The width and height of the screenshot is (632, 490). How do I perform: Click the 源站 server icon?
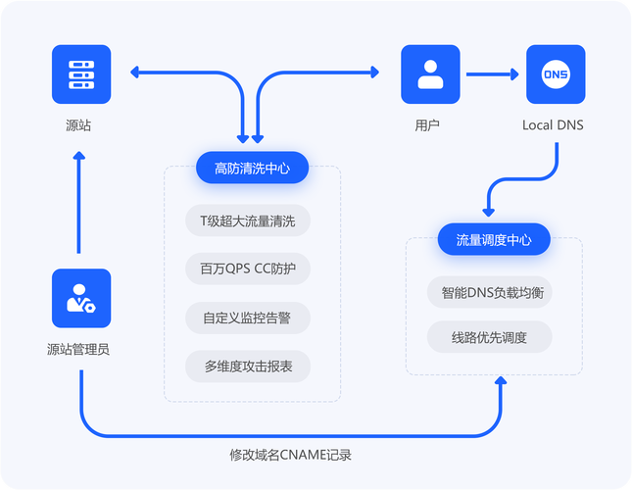click(x=81, y=73)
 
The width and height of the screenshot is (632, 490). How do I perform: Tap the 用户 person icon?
click(x=430, y=73)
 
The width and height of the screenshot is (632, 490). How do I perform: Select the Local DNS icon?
click(x=556, y=73)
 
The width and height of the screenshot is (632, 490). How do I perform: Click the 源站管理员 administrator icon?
click(x=81, y=298)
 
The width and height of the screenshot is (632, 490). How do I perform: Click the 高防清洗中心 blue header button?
click(x=252, y=168)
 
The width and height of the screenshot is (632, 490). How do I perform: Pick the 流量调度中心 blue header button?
click(x=494, y=239)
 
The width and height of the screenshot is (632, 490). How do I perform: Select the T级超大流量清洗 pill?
click(x=247, y=220)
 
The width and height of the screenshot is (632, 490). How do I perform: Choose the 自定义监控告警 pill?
click(x=247, y=318)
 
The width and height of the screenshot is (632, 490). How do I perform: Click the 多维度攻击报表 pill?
click(x=247, y=367)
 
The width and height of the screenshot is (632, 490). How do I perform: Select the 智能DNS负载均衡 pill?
click(x=491, y=292)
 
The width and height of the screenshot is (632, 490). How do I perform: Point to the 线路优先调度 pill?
click(x=489, y=337)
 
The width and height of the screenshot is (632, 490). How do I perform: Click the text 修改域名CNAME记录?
click(x=290, y=455)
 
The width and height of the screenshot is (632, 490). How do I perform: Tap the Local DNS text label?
click(x=553, y=124)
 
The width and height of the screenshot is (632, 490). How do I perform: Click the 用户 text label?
click(x=427, y=124)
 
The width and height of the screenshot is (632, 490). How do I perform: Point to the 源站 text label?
click(x=78, y=124)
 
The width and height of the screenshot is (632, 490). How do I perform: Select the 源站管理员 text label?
click(x=78, y=348)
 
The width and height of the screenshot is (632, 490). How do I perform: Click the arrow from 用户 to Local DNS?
click(x=492, y=73)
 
